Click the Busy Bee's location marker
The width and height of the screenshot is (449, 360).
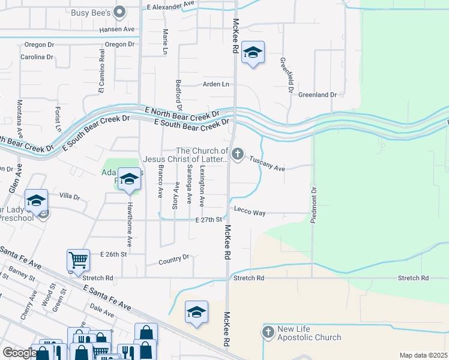120,11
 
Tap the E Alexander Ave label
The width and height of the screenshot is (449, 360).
171,4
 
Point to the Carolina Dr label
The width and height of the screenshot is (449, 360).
37,57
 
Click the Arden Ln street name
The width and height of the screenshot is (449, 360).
216,85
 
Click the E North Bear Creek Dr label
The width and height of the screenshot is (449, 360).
182,112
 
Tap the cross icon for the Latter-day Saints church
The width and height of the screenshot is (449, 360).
238,155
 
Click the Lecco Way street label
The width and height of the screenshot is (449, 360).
250,213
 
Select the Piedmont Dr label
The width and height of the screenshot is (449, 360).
313,205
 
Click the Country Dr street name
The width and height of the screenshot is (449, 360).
174,260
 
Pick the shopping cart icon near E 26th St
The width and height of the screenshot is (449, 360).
79,260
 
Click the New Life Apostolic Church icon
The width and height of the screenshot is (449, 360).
268,331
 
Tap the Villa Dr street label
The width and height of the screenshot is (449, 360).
70,196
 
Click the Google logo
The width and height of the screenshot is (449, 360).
19,353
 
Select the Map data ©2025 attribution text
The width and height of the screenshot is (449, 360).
423,355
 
